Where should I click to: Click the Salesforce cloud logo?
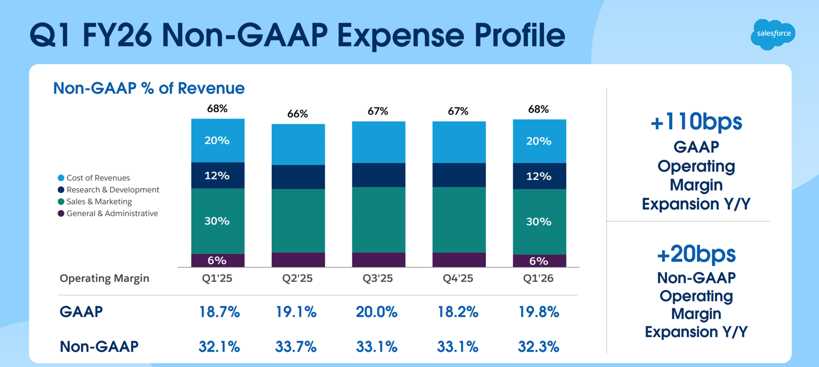tap(773, 34)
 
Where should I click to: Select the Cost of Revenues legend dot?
tap(61, 178)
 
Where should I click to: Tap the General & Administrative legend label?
tap(112, 213)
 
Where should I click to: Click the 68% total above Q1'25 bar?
tap(217, 109)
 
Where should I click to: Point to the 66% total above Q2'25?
tap(297, 114)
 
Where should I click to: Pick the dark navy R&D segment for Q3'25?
tap(378, 175)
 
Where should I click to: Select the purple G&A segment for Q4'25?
tap(459, 260)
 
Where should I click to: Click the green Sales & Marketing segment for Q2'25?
tap(298, 220)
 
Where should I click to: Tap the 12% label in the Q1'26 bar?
tap(539, 176)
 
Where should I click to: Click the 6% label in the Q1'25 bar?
tap(217, 260)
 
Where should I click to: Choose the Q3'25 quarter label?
tap(378, 278)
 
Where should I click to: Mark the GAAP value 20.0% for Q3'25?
tap(377, 312)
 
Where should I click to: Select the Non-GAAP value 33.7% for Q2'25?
tap(296, 347)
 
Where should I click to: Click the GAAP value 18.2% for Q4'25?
tap(458, 312)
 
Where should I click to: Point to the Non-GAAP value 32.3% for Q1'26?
tap(538, 347)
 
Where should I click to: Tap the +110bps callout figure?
tap(696, 122)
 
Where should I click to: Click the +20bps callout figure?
tap(696, 254)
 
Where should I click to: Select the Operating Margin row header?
tap(104, 278)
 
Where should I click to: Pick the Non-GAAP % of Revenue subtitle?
tap(148, 88)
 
